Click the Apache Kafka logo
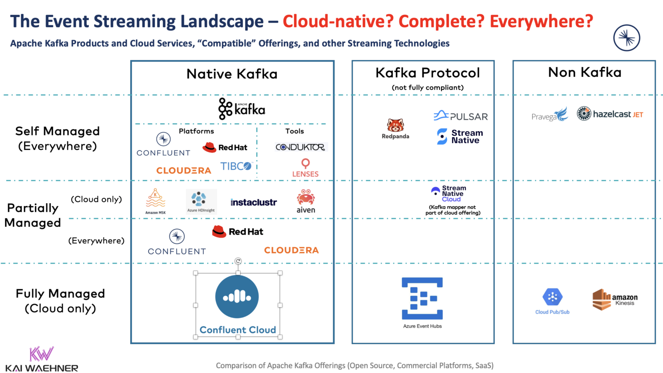click(x=242, y=109)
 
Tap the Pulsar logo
click(x=461, y=116)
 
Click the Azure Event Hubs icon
click(x=422, y=298)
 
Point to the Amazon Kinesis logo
click(x=615, y=299)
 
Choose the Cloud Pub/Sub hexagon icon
click(x=552, y=297)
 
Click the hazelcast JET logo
click(x=610, y=114)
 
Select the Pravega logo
click(x=549, y=115)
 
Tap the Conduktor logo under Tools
click(x=301, y=147)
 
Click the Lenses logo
click(x=305, y=168)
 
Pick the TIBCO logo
click(x=236, y=166)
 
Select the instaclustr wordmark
click(x=253, y=202)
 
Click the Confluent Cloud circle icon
click(x=237, y=297)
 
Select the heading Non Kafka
click(x=584, y=72)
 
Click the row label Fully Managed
click(x=60, y=294)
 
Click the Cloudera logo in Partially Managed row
click(x=291, y=250)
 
